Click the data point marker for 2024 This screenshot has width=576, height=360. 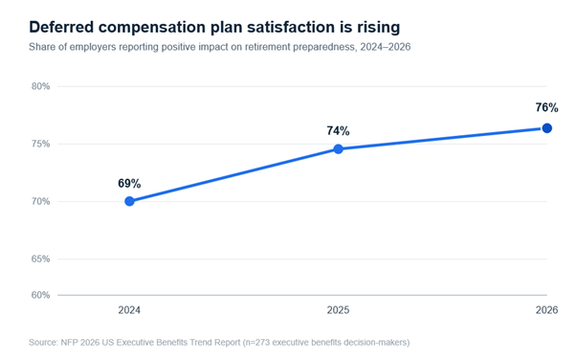click(129, 201)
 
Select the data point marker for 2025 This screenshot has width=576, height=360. click(339, 149)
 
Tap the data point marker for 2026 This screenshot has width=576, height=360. click(547, 128)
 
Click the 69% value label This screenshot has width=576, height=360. click(129, 184)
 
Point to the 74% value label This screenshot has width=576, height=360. click(339, 131)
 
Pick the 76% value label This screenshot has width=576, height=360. click(546, 108)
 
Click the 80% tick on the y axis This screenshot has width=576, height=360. click(40, 86)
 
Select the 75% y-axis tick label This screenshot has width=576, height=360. click(40, 144)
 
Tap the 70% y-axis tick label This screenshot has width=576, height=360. click(40, 201)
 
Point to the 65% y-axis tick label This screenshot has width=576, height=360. click(40, 259)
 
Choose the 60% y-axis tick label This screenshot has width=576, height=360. click(40, 295)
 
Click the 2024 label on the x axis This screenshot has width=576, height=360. click(129, 310)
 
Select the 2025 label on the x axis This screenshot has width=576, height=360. click(339, 310)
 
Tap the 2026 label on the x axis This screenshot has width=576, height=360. click(546, 310)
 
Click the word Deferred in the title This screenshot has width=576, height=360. click(61, 27)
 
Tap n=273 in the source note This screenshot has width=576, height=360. click(256, 343)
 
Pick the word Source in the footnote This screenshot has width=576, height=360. click(43, 343)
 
